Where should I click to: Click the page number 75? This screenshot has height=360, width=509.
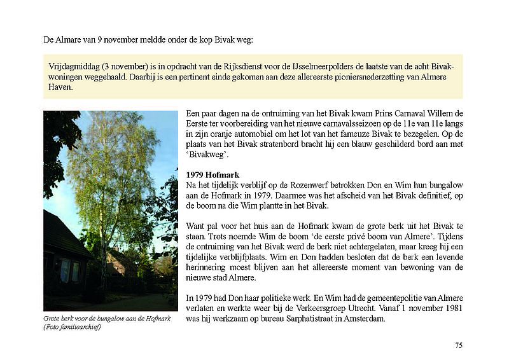(459, 345)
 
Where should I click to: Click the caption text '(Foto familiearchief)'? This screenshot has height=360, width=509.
(73, 328)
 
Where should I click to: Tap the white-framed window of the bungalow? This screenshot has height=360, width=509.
(67, 270)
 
